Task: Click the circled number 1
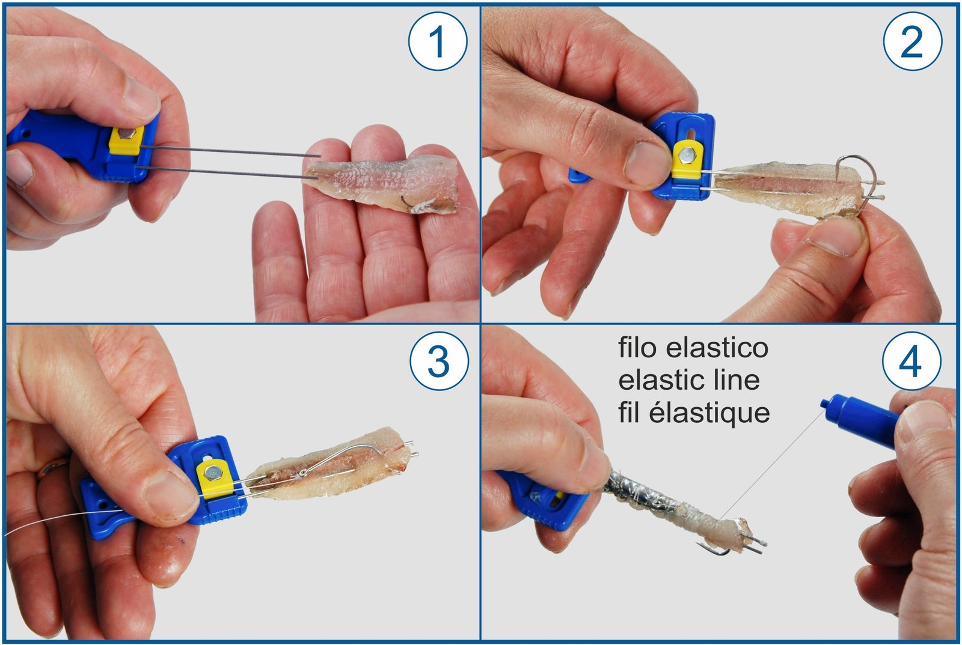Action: point(438,41)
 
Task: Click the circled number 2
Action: point(912,41)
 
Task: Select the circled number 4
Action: point(911,362)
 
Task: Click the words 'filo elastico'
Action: point(693,348)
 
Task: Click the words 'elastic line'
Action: point(688,380)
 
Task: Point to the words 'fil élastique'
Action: point(693,413)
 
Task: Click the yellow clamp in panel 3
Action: point(215,477)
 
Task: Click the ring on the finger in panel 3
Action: point(52,465)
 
